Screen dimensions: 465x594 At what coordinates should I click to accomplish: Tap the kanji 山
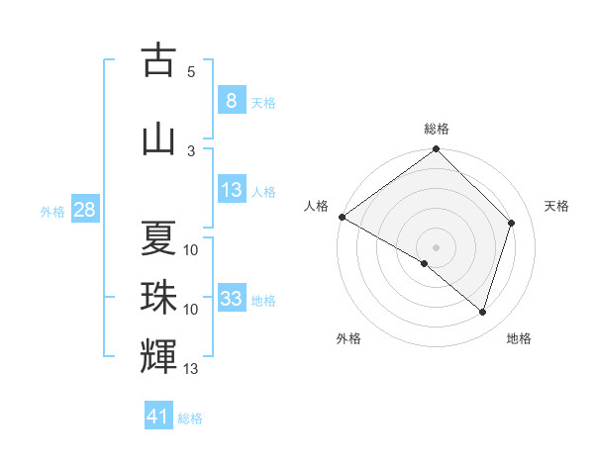coord(158,139)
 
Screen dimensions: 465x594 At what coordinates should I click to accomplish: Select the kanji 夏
coord(158,238)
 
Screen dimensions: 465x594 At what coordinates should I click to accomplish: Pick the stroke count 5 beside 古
coord(191,72)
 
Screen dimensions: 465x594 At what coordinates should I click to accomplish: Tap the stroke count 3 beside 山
coord(191,150)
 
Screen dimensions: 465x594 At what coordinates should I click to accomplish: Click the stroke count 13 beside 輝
coord(191,370)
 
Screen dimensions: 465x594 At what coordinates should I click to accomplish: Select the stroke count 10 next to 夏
coord(191,250)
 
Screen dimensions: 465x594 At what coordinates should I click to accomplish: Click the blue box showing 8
coord(231,101)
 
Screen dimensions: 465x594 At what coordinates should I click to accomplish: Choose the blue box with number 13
coord(231,191)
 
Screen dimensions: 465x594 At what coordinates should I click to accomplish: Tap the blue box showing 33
coord(231,299)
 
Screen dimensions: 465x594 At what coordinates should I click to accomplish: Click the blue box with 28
coord(84,210)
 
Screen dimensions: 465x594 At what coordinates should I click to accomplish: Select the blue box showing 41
coord(158,417)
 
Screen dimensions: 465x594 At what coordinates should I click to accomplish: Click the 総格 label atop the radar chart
coord(437,129)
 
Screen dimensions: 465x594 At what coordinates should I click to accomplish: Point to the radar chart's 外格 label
coord(348,338)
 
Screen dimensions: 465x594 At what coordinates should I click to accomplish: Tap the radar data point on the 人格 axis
coord(342,217)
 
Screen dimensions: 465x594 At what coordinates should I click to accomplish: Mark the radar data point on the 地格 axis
coord(483,313)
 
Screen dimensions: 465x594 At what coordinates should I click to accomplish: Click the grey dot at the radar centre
coord(437,246)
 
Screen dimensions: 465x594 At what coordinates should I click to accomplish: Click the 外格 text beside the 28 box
coord(51,211)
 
